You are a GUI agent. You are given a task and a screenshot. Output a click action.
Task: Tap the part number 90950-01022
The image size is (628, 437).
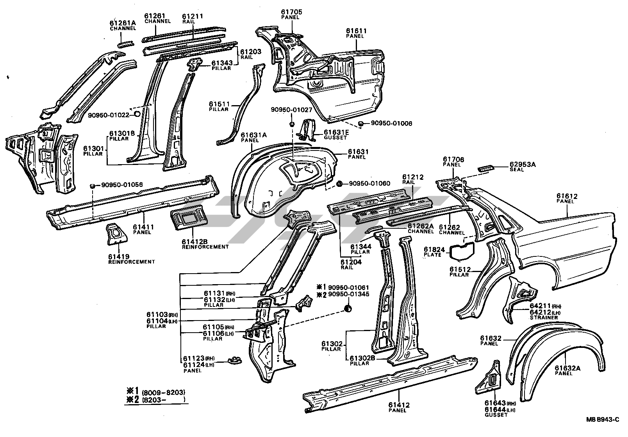point(108,115)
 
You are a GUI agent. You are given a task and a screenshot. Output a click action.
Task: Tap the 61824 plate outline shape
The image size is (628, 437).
point(462,251)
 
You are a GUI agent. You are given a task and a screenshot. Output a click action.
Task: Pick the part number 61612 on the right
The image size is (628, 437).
point(567,196)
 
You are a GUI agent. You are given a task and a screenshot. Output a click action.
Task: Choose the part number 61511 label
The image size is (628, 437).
point(219,104)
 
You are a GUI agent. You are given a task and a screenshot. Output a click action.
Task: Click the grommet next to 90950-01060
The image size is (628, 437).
point(339,183)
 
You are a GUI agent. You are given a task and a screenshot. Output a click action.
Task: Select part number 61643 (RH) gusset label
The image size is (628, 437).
point(495,403)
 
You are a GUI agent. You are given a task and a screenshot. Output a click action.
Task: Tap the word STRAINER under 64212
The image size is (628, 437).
point(544,318)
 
